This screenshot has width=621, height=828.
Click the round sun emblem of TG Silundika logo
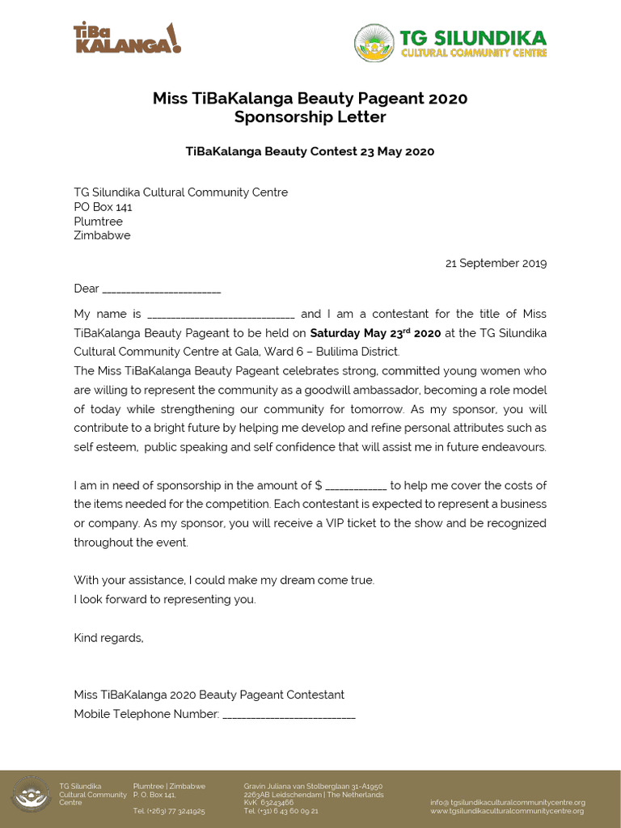[x=374, y=43]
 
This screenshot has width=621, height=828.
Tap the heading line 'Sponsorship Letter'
[x=310, y=117]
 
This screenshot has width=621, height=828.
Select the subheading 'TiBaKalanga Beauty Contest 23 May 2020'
[x=310, y=151]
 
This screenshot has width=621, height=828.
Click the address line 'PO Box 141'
[x=103, y=207]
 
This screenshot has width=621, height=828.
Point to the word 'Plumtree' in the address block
[x=98, y=222]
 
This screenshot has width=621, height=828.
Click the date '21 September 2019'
[x=496, y=263]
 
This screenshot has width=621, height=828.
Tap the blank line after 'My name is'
[x=221, y=315]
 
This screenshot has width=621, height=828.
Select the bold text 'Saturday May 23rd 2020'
[x=375, y=333]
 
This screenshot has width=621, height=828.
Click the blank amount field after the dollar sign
[x=356, y=486]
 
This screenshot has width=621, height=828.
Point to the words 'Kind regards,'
[x=108, y=638]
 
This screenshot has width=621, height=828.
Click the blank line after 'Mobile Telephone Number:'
[x=289, y=715]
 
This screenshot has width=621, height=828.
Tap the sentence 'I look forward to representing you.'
[x=164, y=599]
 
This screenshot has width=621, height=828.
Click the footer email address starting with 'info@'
[x=507, y=802]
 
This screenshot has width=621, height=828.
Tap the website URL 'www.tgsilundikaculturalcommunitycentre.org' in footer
[x=507, y=811]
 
